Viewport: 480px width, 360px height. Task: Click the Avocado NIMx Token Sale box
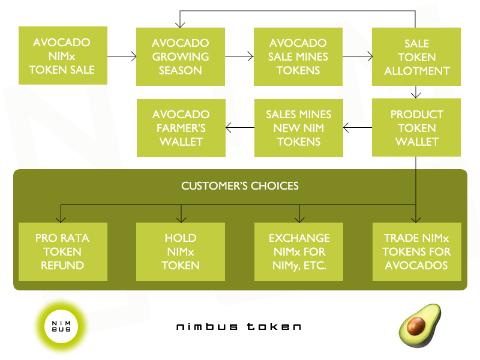click(63, 55)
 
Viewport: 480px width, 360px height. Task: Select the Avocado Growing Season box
click(181, 56)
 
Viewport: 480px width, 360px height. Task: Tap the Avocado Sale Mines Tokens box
click(298, 56)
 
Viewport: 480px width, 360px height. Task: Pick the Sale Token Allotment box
click(416, 56)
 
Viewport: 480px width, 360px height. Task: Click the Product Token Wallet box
click(416, 128)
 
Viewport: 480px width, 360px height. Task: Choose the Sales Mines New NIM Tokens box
click(299, 128)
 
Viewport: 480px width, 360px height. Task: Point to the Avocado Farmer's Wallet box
click(181, 128)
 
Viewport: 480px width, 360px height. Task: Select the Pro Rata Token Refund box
click(63, 251)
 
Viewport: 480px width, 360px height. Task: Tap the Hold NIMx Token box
click(181, 251)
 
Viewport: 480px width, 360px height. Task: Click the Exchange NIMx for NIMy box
click(299, 251)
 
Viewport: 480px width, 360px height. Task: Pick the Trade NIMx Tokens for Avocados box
click(417, 251)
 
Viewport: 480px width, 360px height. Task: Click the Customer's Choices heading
click(239, 186)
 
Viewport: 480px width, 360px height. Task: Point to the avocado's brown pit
click(416, 326)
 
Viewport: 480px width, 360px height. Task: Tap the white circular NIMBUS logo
click(61, 326)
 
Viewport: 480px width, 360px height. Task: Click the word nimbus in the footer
click(206, 326)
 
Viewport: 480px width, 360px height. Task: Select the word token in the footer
click(274, 326)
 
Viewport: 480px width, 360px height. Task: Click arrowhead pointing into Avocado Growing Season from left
click(134, 56)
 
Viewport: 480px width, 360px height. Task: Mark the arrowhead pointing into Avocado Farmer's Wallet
click(228, 127)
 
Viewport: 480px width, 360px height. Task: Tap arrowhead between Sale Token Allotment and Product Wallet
click(416, 95)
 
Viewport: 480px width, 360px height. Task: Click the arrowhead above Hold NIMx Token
click(181, 220)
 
